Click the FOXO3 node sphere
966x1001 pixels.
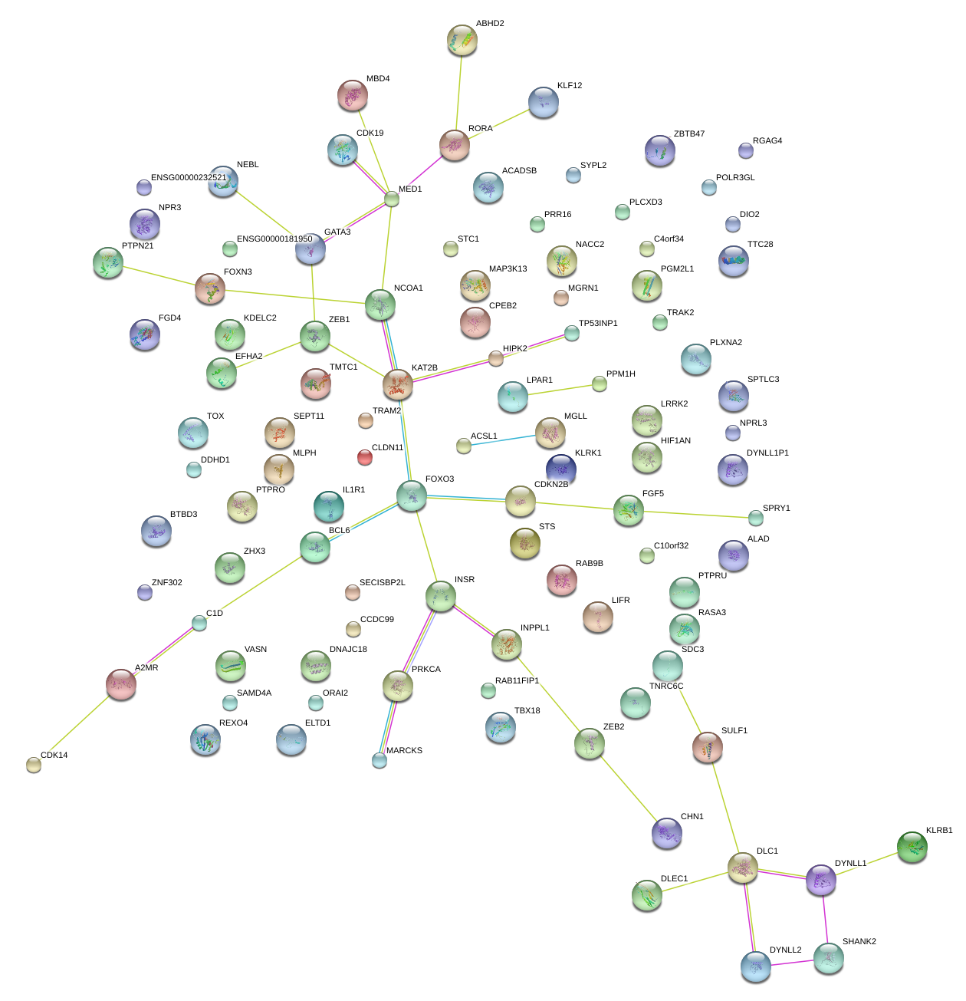[412, 496]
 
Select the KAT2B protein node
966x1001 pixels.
[398, 384]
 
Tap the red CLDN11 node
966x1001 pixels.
[365, 457]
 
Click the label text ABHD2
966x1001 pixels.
[490, 24]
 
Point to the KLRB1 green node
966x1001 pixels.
[912, 847]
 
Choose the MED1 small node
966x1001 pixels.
[392, 199]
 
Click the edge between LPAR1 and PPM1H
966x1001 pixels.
[557, 390]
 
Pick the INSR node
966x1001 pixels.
[441, 595]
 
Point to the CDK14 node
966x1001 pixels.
[34, 764]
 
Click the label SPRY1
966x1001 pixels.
[776, 509]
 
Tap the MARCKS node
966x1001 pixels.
[379, 760]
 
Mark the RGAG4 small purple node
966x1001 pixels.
[746, 150]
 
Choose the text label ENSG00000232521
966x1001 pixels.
[189, 178]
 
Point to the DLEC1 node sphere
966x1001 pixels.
[647, 895]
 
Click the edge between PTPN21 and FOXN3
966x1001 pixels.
[159, 276]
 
